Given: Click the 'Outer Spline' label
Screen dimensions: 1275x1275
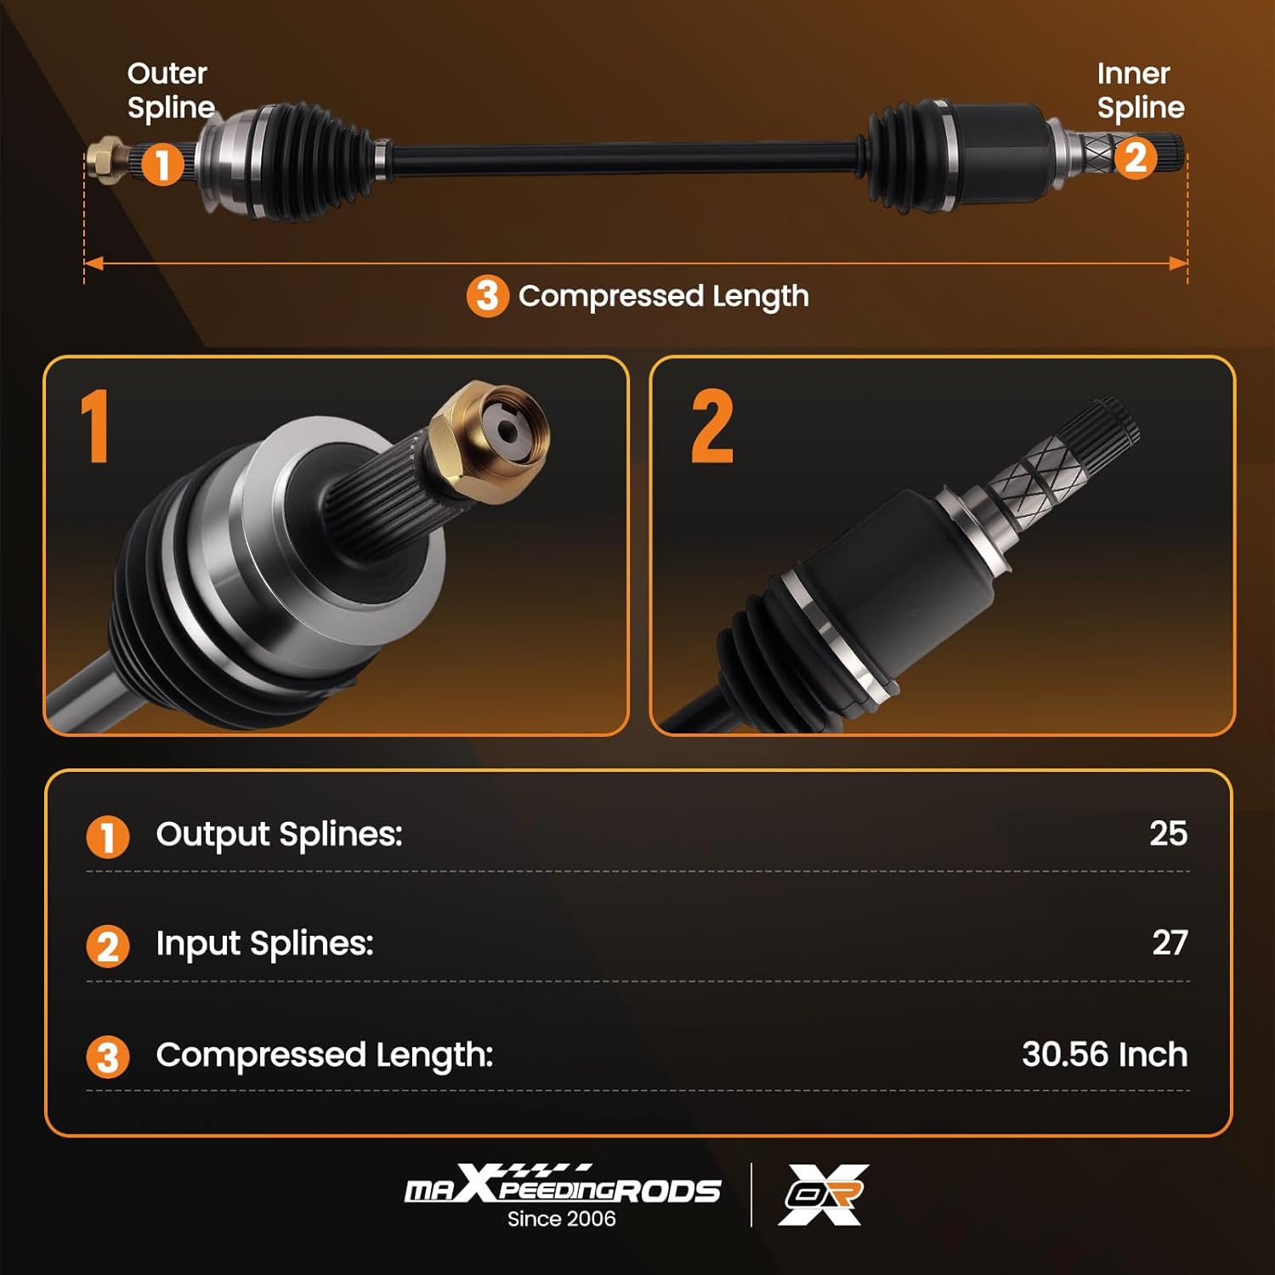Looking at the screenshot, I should tap(169, 90).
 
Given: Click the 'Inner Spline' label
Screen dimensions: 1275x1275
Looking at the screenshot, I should tap(1140, 90).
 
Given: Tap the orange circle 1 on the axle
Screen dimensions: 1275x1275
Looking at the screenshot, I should tap(161, 163).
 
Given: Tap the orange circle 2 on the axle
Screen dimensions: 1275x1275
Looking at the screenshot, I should tap(1136, 158).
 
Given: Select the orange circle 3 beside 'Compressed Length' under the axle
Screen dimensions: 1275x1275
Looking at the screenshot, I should tap(487, 296).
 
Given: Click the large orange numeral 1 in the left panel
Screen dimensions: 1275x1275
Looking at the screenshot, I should tap(96, 427).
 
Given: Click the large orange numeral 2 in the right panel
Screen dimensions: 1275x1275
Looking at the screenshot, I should tap(712, 427).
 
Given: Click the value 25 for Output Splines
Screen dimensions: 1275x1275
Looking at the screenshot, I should tap(1168, 834).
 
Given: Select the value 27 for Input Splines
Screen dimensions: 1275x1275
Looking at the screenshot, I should tap(1170, 943).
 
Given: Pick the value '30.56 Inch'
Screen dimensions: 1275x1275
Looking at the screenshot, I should tap(1104, 1055).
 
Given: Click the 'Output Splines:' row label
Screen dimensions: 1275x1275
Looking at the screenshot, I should tap(279, 835).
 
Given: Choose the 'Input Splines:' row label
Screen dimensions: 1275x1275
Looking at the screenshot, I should tap(264, 943).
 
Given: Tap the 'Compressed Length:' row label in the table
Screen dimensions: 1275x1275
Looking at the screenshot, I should tap(324, 1055).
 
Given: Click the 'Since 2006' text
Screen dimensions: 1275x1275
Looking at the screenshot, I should tap(561, 1219).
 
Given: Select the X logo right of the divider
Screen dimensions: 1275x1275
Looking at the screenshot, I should tap(823, 1194).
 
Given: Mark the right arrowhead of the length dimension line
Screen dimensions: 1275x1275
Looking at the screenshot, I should tap(1179, 263).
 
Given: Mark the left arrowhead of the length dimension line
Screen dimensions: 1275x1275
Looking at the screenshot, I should tap(93, 263).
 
